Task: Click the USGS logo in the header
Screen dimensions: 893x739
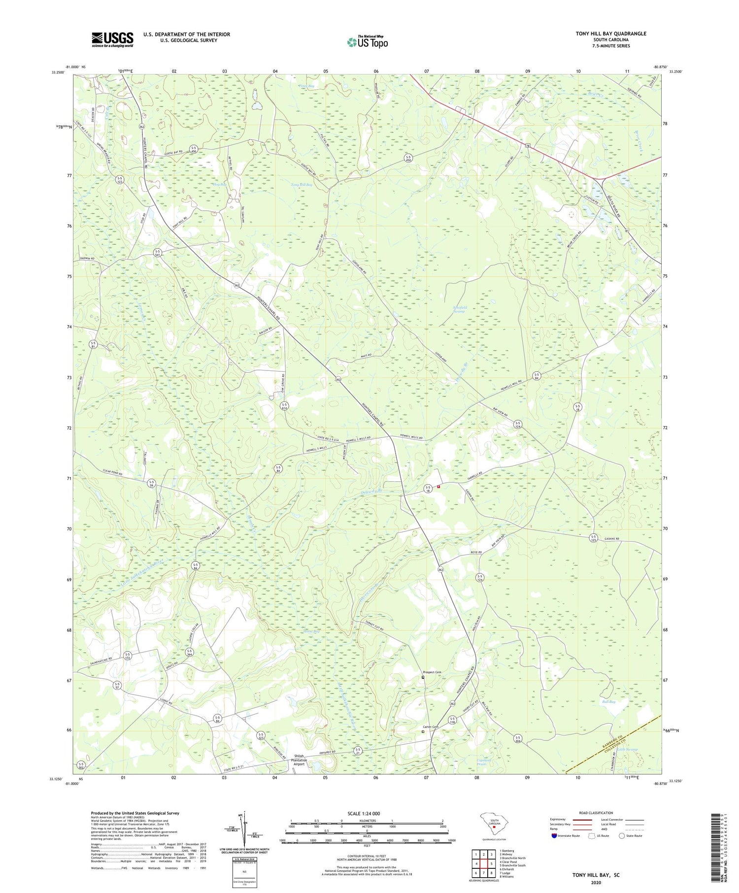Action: [112, 39]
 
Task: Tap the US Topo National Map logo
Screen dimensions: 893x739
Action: [367, 42]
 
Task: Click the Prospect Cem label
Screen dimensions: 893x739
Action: [432, 672]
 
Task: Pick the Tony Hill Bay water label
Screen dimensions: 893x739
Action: [302, 185]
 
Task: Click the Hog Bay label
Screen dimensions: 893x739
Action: [219, 185]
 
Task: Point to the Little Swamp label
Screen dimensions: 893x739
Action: [628, 750]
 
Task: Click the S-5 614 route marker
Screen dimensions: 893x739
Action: [285, 406]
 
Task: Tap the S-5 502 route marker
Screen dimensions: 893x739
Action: [81, 765]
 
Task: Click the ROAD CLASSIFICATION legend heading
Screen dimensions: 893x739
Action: [596, 813]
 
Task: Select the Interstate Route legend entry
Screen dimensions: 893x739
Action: [567, 836]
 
